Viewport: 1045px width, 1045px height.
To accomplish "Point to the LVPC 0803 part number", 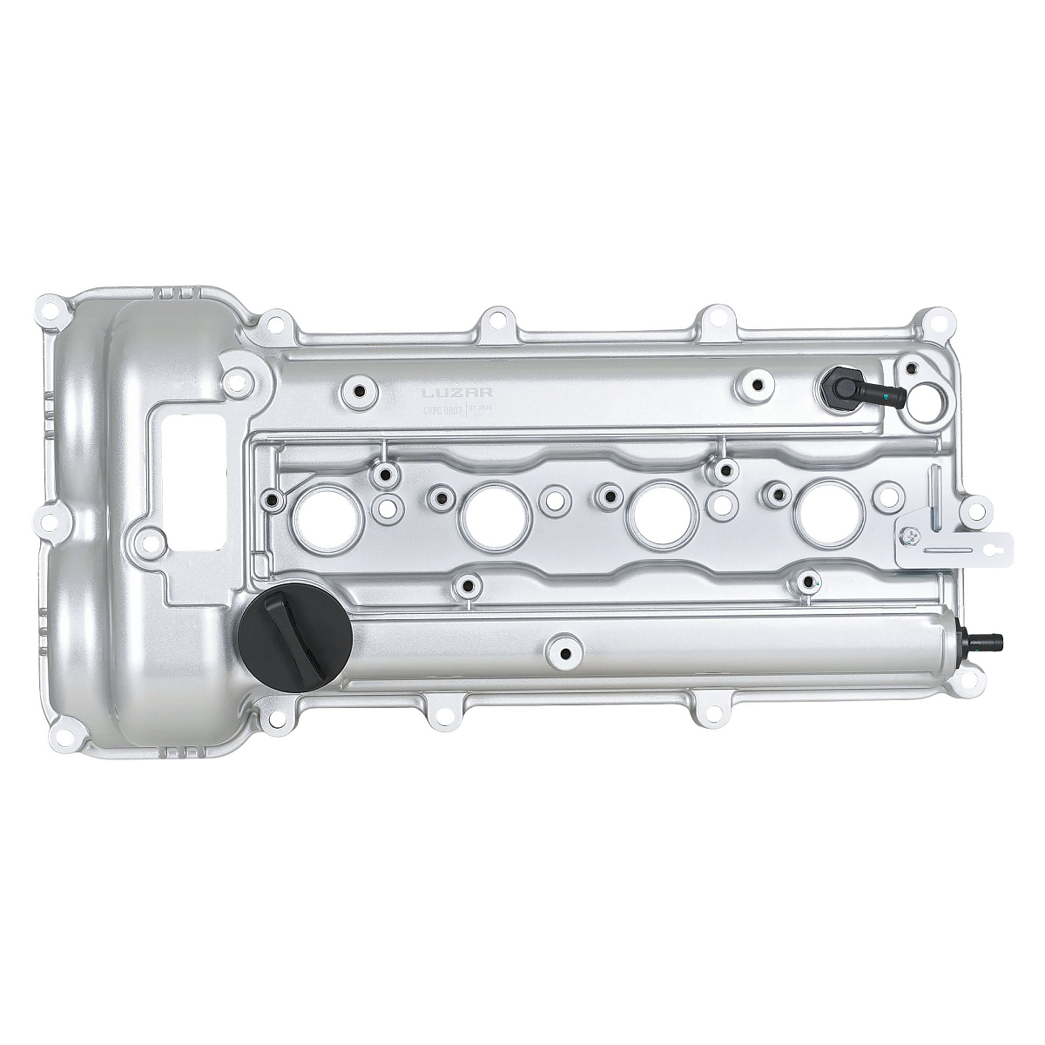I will (442, 408).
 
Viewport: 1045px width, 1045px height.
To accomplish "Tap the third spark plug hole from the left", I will (664, 513).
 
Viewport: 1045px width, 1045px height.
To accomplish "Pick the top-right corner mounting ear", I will (939, 320).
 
